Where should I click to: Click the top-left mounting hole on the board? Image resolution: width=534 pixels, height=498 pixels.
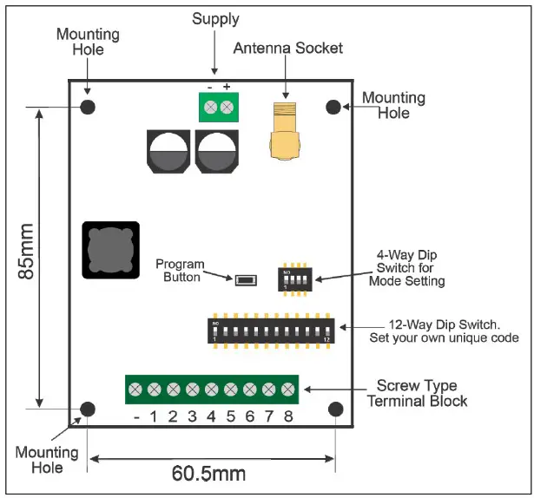point(88,107)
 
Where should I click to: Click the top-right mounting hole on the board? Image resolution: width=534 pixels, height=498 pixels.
point(334,107)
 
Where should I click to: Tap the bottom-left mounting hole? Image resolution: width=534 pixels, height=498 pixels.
point(88,409)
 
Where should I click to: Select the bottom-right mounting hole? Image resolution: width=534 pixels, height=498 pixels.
point(335,409)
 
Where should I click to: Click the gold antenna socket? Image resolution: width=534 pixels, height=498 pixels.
point(284,132)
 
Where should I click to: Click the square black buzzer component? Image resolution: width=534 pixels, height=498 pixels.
point(110,250)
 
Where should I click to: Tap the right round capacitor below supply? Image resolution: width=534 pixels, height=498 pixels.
point(216,154)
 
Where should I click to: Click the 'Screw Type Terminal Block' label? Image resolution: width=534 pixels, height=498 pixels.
point(417,392)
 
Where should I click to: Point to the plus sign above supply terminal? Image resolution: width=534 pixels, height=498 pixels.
point(227,87)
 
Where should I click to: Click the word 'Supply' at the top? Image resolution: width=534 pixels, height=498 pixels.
point(215,18)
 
